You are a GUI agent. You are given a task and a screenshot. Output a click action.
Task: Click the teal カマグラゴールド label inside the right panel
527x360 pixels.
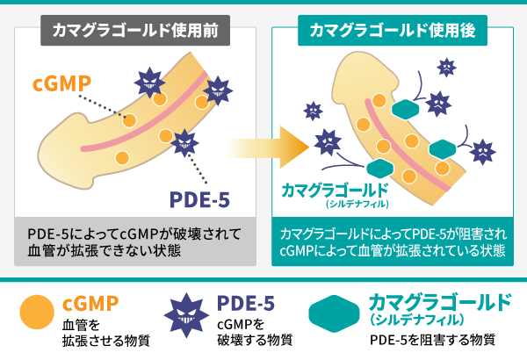[333, 190]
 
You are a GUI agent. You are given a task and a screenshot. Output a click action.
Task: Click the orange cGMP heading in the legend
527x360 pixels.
[91, 303]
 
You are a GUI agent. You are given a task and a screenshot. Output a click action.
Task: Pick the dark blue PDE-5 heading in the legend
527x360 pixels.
[242, 303]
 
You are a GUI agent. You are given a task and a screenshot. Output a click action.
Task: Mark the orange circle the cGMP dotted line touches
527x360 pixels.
[130, 120]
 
